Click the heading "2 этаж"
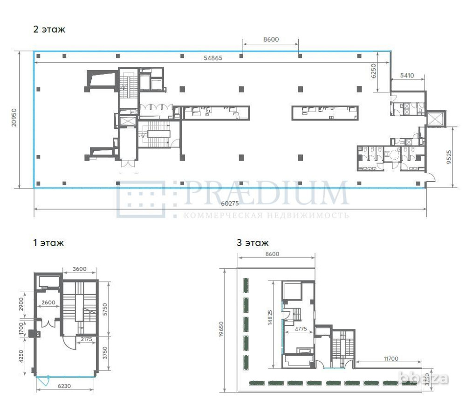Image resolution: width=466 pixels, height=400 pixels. click(49, 29)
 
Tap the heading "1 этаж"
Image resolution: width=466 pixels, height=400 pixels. click(48, 243)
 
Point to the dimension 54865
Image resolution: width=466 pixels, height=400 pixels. click(212, 58)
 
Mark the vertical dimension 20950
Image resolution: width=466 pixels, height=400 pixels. click(14, 119)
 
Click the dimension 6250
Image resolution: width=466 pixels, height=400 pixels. click(372, 72)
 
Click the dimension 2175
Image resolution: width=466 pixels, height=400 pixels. click(87, 339)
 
